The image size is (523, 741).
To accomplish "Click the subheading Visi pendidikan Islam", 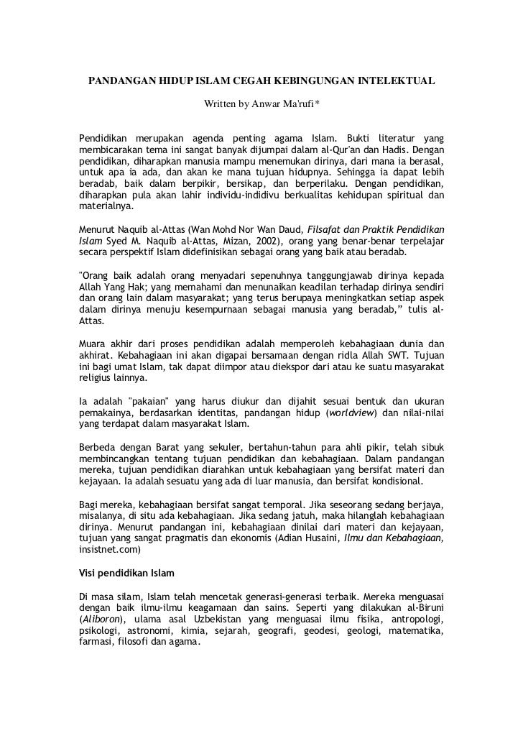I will (x=124, y=574).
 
